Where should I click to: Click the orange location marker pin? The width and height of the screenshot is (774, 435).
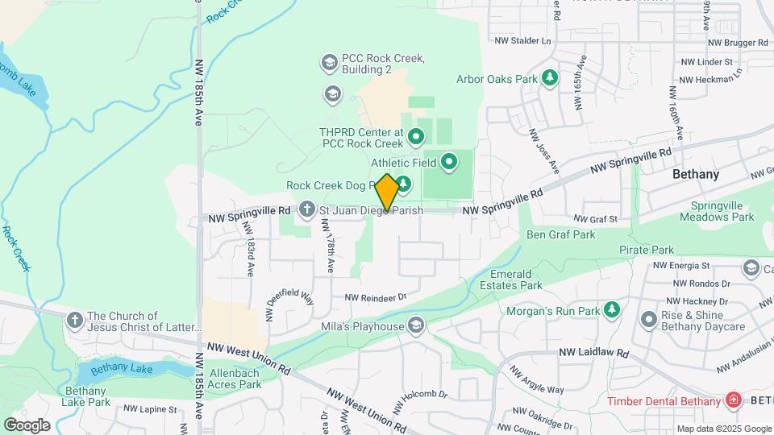pos(387,193)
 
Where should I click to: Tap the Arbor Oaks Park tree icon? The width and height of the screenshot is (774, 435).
pos(550,78)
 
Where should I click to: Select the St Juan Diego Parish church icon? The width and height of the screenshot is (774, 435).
pos(306,209)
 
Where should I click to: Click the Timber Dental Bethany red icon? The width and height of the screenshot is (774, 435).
pos(733,400)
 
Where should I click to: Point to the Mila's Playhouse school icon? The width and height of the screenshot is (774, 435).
pos(416,325)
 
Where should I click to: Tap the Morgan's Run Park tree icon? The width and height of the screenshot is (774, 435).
pos(613,309)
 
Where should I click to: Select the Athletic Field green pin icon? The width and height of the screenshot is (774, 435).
pos(449,163)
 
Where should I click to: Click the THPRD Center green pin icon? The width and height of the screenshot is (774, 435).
pos(416,137)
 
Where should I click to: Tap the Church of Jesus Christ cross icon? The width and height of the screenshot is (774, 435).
pos(75,321)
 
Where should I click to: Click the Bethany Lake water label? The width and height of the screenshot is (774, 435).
pos(122,369)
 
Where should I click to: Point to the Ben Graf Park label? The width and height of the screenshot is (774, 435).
pos(560,234)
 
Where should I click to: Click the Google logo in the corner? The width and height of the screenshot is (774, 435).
pos(27,425)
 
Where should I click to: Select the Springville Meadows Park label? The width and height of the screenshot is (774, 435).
pos(716,211)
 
